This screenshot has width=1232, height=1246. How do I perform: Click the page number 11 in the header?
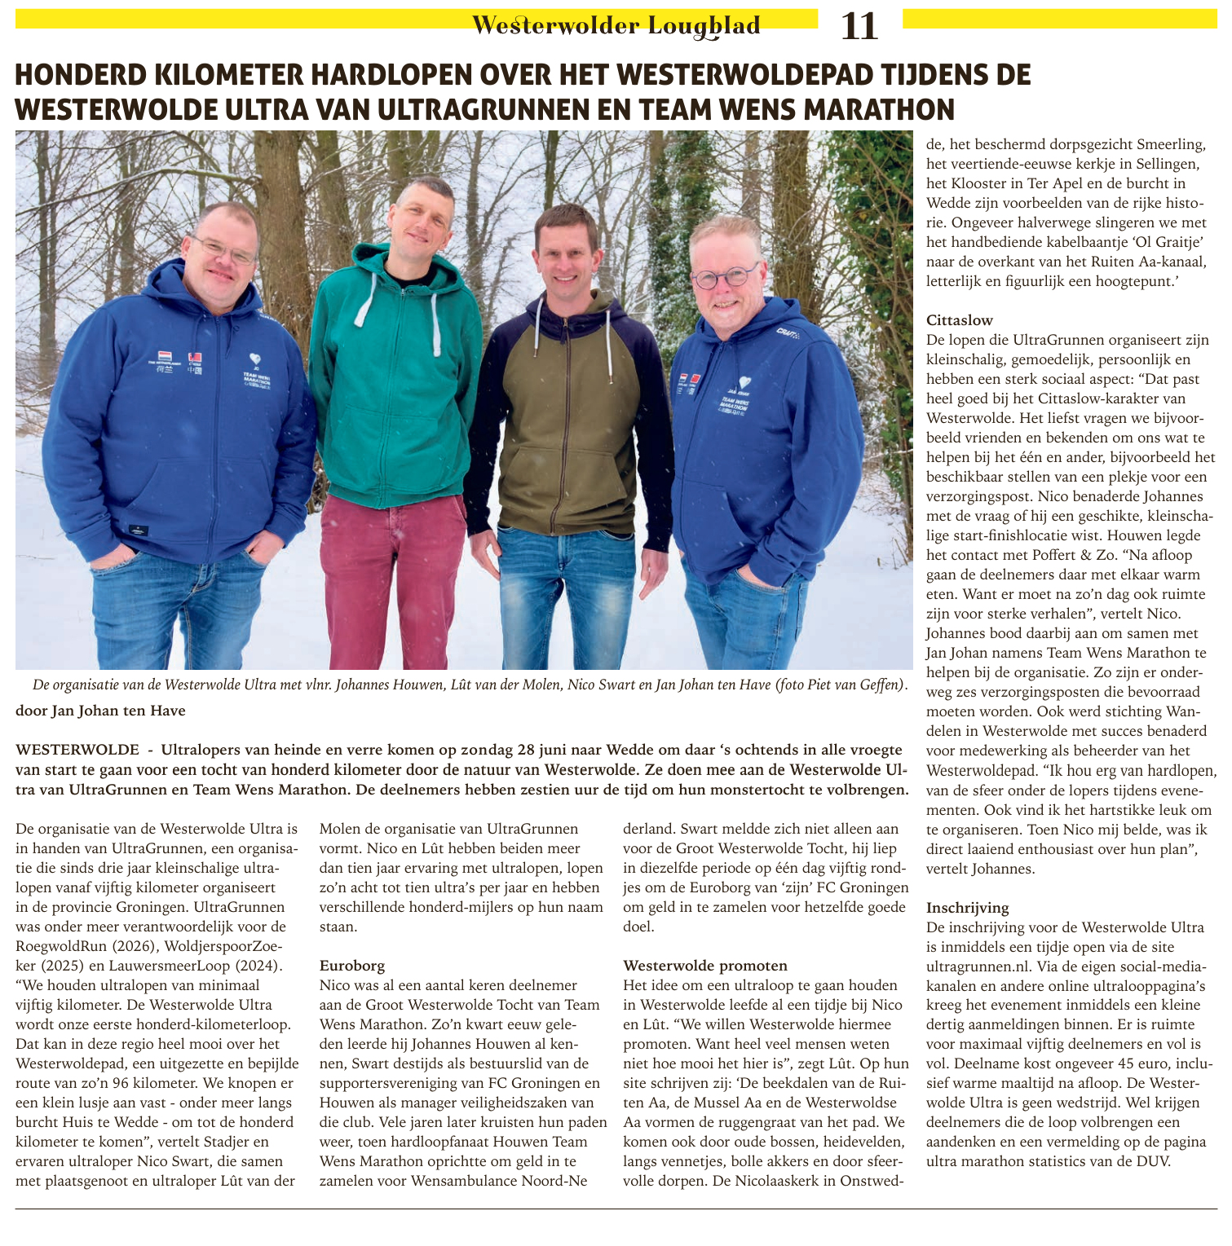point(859,27)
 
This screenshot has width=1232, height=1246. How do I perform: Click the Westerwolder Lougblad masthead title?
point(616,26)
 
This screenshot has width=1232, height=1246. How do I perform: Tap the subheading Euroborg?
point(352,966)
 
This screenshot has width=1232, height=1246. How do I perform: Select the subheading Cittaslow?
point(960,320)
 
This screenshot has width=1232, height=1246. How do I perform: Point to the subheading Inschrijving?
point(967,907)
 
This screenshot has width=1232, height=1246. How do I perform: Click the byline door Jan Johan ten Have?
point(100,711)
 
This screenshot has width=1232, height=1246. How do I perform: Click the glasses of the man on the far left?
point(222,249)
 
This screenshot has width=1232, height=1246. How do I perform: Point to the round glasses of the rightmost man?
point(724,277)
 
